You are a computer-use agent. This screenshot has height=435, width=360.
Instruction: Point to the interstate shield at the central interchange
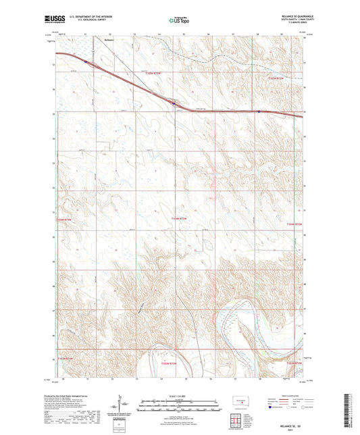coord(174,103)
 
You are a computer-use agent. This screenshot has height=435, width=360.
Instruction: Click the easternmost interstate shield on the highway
coord(259,111)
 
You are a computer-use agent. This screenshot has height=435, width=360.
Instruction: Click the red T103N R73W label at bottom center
coord(175,363)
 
